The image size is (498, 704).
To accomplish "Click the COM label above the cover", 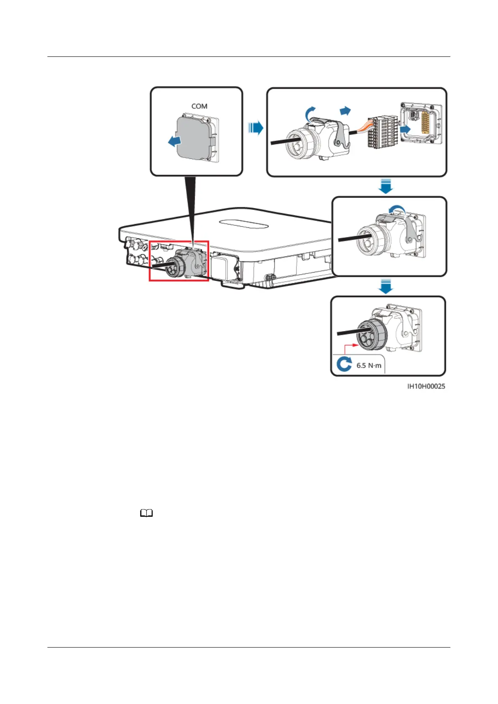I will [x=199, y=106].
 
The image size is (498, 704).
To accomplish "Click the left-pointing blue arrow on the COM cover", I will [x=174, y=141].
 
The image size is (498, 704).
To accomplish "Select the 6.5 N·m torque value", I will [x=368, y=365].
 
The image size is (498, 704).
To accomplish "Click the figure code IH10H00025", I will [x=426, y=386].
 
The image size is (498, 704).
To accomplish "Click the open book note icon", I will [x=147, y=513].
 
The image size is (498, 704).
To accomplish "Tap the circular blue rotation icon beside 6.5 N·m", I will [x=344, y=365].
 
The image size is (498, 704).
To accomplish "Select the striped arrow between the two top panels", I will [x=255, y=128].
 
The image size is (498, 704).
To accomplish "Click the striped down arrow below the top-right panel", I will [x=386, y=186].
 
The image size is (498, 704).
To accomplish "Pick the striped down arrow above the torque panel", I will [x=386, y=287].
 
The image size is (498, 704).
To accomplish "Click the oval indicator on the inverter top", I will [x=244, y=224].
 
